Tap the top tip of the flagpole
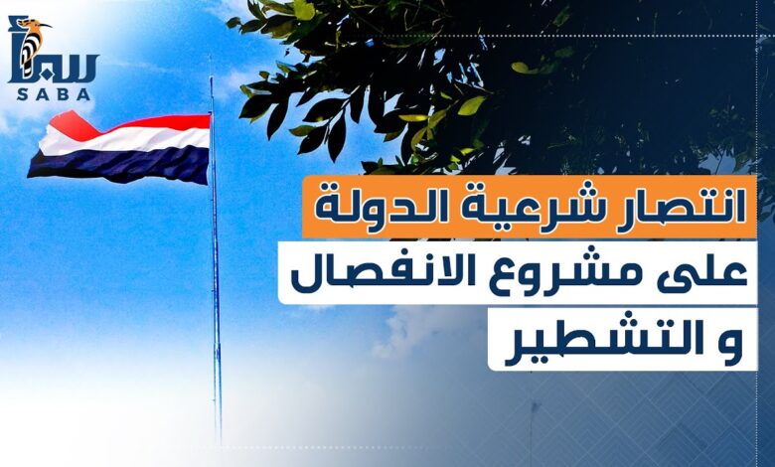pos(211,78)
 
